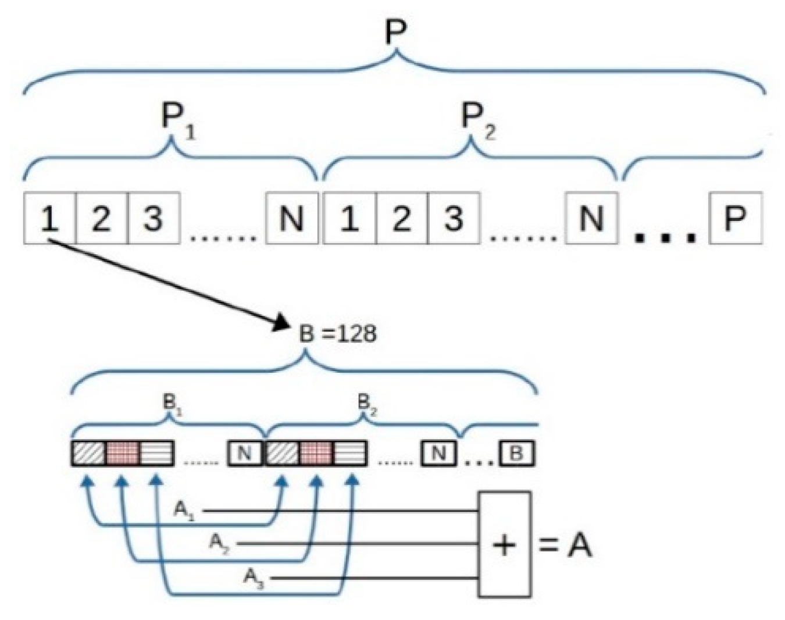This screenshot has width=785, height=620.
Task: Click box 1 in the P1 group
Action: pyautogui.click(x=49, y=219)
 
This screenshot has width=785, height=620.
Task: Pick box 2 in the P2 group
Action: pyautogui.click(x=402, y=219)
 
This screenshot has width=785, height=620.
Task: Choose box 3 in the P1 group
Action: pyautogui.click(x=154, y=219)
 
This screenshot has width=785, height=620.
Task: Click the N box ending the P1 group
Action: pyautogui.click(x=292, y=219)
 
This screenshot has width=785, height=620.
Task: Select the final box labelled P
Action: pyautogui.click(x=735, y=219)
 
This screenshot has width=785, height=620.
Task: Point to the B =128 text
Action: pyautogui.click(x=338, y=334)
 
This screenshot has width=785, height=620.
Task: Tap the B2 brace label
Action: pyautogui.click(x=366, y=402)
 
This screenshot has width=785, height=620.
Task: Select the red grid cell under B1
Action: pyautogui.click(x=123, y=453)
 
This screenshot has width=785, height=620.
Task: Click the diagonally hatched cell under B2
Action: pyautogui.click(x=282, y=453)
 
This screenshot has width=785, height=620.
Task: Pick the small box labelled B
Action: pyautogui.click(x=516, y=453)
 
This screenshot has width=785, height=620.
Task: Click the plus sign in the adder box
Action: pyautogui.click(x=504, y=545)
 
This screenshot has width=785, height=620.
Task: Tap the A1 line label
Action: pyautogui.click(x=184, y=511)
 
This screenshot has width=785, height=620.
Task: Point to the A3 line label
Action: pyautogui.click(x=254, y=578)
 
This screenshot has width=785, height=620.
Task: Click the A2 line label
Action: pyautogui.click(x=219, y=544)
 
